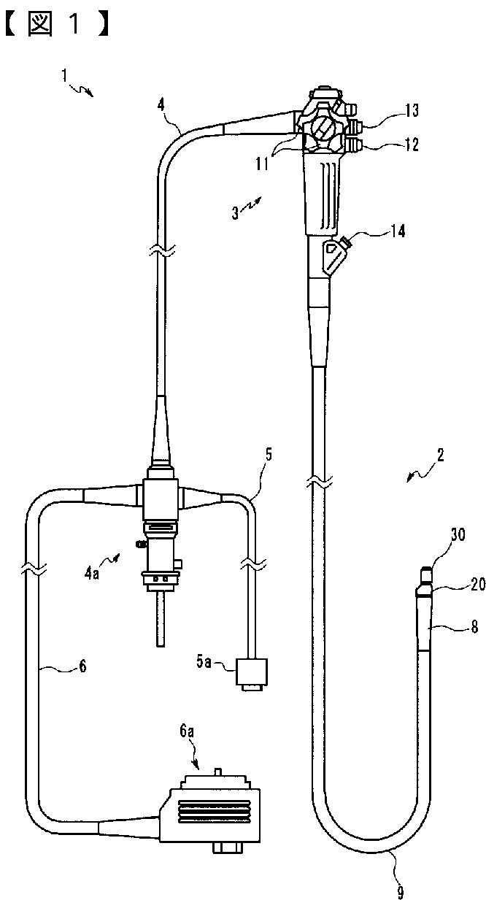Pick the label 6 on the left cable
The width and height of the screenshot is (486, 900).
pyautogui.click(x=82, y=666)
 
